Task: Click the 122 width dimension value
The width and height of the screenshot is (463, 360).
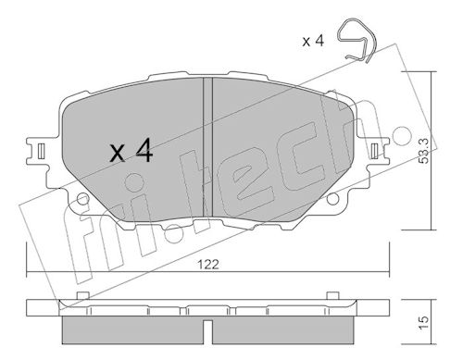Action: tap(208, 265)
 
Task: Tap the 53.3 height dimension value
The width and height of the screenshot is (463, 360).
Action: tap(424, 151)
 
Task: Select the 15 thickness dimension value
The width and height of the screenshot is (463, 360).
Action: tap(424, 323)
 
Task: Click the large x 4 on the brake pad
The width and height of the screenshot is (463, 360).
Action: tap(131, 151)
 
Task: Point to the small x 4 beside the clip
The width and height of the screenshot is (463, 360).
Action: tap(313, 41)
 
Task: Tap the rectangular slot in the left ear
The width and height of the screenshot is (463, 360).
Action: tap(41, 152)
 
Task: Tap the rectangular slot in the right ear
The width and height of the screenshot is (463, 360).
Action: tap(375, 151)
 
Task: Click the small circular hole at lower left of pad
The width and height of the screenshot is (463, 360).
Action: tap(83, 199)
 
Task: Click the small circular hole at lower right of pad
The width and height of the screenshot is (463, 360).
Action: tap(332, 199)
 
